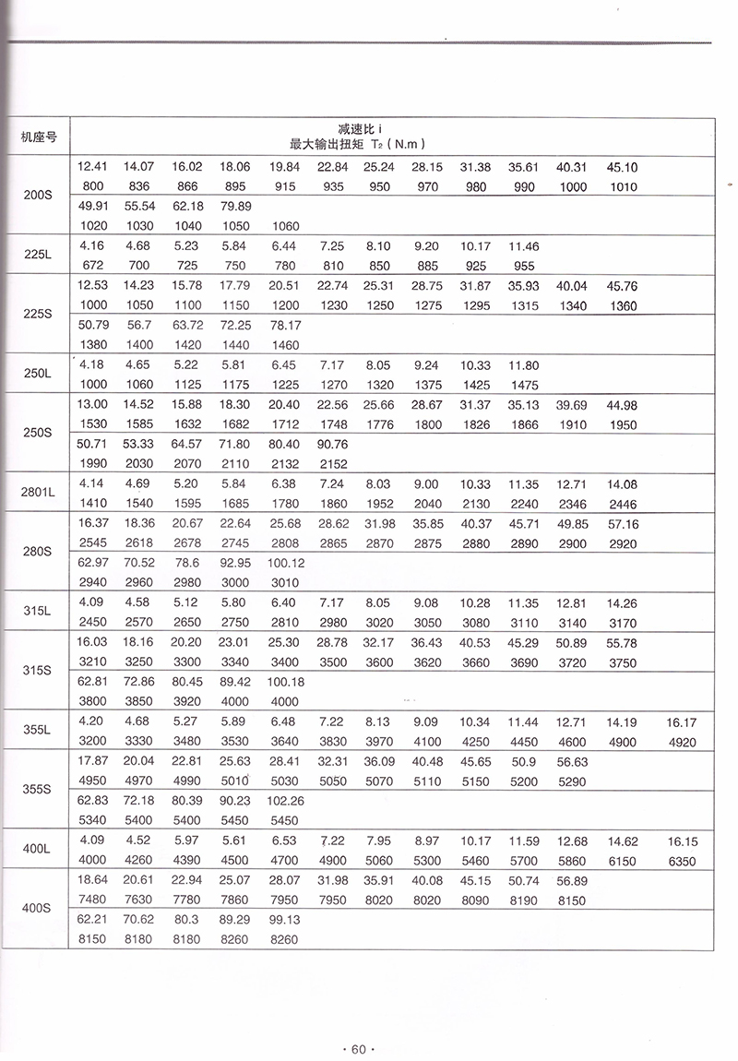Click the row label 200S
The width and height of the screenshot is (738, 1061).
(x=38, y=196)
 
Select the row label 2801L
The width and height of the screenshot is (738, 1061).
(x=38, y=493)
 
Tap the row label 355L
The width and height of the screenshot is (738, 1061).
(x=38, y=730)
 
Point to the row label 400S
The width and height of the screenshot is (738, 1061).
(x=38, y=909)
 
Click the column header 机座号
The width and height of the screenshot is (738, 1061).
(x=38, y=137)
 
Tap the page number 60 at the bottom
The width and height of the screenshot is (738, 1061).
(x=355, y=1047)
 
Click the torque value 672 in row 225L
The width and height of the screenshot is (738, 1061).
(x=92, y=265)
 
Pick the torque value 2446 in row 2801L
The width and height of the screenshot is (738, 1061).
(x=621, y=503)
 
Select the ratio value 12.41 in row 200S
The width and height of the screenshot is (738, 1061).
(x=92, y=167)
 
